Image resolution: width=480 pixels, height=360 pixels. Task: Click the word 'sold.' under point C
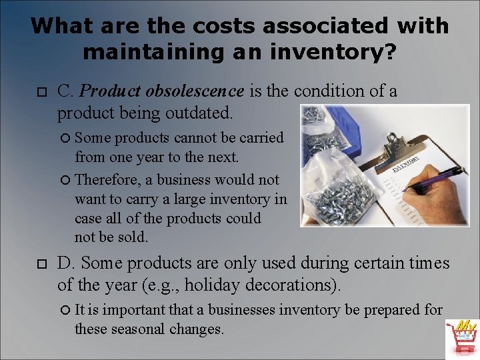(131, 237)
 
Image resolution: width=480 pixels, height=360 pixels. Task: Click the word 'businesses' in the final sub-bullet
(243, 309)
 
